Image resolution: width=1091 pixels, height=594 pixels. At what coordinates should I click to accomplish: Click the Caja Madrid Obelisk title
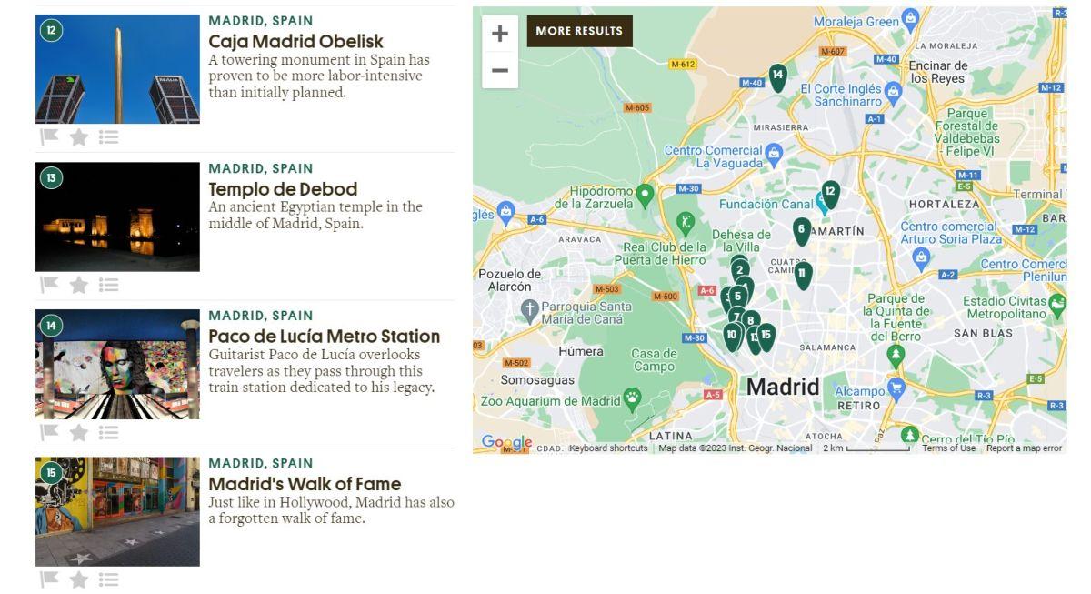pyautogui.click(x=295, y=42)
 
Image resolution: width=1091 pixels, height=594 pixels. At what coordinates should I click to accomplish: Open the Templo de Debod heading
pyautogui.click(x=283, y=189)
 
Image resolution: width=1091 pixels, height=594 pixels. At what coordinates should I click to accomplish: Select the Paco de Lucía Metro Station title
pyautogui.click(x=324, y=337)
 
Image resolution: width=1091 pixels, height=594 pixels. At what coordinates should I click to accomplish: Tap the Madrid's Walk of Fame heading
pyautogui.click(x=305, y=484)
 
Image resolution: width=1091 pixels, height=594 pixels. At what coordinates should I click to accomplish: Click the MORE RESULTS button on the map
pyautogui.click(x=579, y=31)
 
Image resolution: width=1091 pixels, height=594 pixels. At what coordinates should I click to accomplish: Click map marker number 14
pyautogui.click(x=777, y=76)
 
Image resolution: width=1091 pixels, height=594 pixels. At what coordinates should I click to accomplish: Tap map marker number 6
pyautogui.click(x=801, y=230)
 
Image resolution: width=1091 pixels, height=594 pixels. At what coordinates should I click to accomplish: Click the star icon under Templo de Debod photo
pyautogui.click(x=79, y=285)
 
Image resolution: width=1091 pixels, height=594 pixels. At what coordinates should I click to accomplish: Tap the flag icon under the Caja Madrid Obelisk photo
pyautogui.click(x=49, y=136)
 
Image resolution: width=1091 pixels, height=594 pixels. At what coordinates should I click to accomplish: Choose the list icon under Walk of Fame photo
pyautogui.click(x=109, y=579)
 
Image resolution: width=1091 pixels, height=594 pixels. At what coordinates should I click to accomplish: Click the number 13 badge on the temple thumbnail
pyautogui.click(x=51, y=178)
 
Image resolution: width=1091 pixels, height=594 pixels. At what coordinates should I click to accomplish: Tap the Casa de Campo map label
pyautogui.click(x=654, y=359)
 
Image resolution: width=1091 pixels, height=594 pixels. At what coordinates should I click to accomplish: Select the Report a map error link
pyautogui.click(x=1024, y=448)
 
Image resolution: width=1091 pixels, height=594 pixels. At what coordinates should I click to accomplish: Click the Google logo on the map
pyautogui.click(x=506, y=442)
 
